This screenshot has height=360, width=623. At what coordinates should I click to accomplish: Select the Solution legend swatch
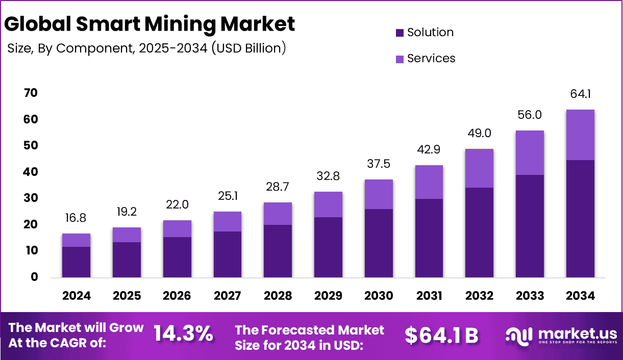[x=400, y=33]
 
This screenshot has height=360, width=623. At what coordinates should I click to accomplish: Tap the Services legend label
[x=431, y=59]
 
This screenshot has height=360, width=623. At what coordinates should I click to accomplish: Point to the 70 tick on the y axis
[x=31, y=93]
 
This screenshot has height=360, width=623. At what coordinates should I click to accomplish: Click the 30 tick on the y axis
[x=31, y=198]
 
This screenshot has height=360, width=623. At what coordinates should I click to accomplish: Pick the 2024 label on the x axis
[x=77, y=296]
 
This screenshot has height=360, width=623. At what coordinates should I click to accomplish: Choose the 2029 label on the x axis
[x=329, y=296]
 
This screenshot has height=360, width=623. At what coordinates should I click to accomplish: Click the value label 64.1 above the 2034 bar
[x=580, y=94]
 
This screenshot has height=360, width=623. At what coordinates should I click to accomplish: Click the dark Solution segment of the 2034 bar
[x=580, y=219]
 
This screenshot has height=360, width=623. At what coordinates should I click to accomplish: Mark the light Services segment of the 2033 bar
[x=530, y=152]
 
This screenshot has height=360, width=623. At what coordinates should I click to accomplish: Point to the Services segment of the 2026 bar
[x=177, y=228]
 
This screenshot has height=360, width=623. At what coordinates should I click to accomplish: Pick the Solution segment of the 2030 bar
[x=379, y=243]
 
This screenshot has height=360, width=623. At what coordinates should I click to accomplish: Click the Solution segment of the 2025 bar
[x=127, y=260]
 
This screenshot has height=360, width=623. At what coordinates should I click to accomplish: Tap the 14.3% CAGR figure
[x=183, y=334]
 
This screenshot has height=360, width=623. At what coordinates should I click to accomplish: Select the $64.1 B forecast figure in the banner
[x=441, y=335]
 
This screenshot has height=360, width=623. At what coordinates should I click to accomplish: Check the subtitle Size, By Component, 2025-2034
[x=146, y=48]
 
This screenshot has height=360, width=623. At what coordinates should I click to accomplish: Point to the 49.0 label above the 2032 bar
[x=479, y=134]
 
